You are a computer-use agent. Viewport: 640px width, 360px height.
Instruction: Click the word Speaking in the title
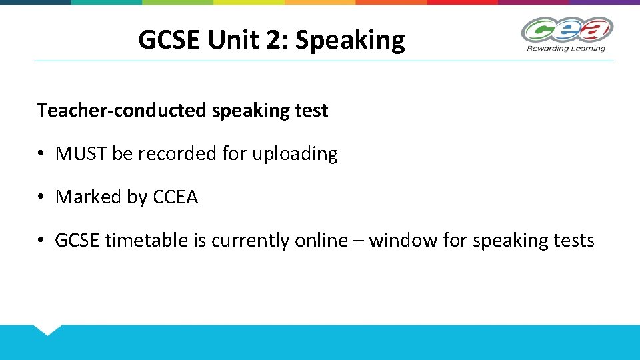click(x=350, y=41)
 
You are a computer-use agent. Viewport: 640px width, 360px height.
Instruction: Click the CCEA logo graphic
click(x=567, y=30)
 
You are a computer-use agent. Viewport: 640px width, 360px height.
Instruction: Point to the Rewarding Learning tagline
click(x=566, y=48)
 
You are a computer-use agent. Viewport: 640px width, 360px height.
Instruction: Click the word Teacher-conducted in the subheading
click(x=121, y=111)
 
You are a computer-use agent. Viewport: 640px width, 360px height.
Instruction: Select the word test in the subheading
click(x=311, y=111)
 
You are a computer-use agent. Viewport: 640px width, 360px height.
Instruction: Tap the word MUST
click(x=81, y=154)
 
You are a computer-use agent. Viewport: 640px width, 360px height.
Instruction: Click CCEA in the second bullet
click(x=175, y=197)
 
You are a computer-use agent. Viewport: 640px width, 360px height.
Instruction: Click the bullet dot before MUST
click(x=41, y=155)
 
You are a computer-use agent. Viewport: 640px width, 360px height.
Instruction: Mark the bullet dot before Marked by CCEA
click(x=41, y=198)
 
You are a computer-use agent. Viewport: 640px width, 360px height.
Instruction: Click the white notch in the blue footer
click(x=47, y=329)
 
